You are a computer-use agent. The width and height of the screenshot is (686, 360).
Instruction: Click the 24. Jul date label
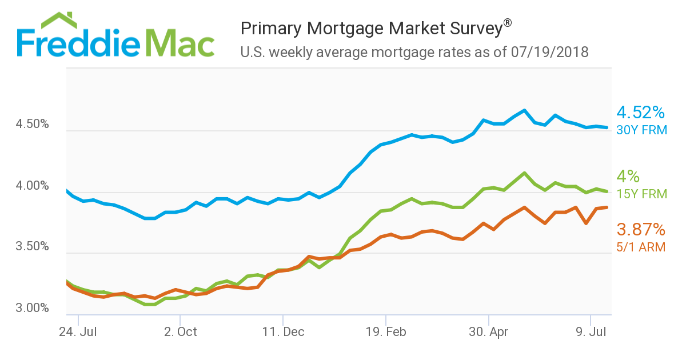point(77,331)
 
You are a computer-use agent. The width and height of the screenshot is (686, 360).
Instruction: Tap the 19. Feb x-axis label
point(386,331)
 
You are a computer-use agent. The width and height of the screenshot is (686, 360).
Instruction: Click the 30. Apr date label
point(489,331)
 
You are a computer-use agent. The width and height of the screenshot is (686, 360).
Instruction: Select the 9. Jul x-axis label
point(591,331)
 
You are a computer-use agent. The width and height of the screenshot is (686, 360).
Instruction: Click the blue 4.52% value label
point(640,112)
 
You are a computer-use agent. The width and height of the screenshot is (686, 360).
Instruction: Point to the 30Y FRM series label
point(641,130)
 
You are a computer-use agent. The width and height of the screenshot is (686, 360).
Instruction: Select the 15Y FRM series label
point(641,194)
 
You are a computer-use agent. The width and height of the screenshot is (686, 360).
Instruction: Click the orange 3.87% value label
point(640,230)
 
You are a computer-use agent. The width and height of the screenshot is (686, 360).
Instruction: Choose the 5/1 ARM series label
point(640,247)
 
